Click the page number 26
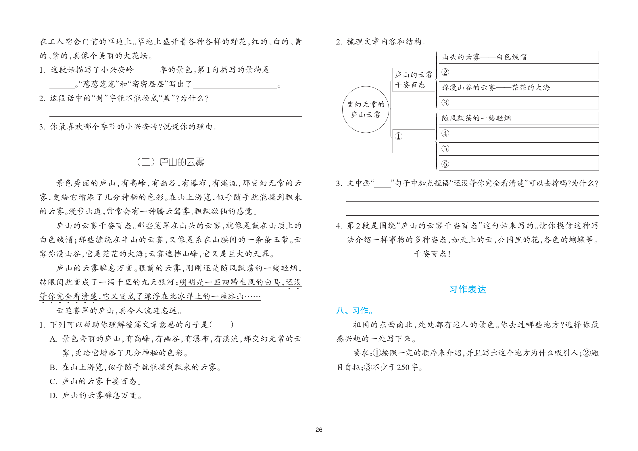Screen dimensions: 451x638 [x=319, y=430]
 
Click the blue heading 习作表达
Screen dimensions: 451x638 [x=468, y=289]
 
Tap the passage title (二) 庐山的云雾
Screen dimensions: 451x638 [x=171, y=162]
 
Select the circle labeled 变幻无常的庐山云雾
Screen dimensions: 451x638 [x=366, y=109]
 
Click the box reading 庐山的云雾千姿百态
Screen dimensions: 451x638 [x=414, y=80]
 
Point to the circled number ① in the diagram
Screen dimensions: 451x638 [x=399, y=136]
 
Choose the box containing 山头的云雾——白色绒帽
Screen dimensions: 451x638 [x=518, y=57]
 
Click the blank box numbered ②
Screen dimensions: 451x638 [x=518, y=72]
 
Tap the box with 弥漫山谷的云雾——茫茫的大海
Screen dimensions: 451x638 [x=518, y=88]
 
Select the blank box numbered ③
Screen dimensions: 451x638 [x=518, y=103]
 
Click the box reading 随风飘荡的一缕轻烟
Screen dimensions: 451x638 [x=518, y=118]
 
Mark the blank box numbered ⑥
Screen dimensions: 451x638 [x=518, y=164]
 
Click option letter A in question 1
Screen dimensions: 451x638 [x=53, y=339]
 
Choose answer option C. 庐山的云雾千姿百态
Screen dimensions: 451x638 [x=95, y=382]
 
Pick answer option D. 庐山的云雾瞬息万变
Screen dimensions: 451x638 [x=95, y=396]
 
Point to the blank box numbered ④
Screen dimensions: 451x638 [x=518, y=133]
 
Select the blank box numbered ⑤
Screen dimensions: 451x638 [x=518, y=149]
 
